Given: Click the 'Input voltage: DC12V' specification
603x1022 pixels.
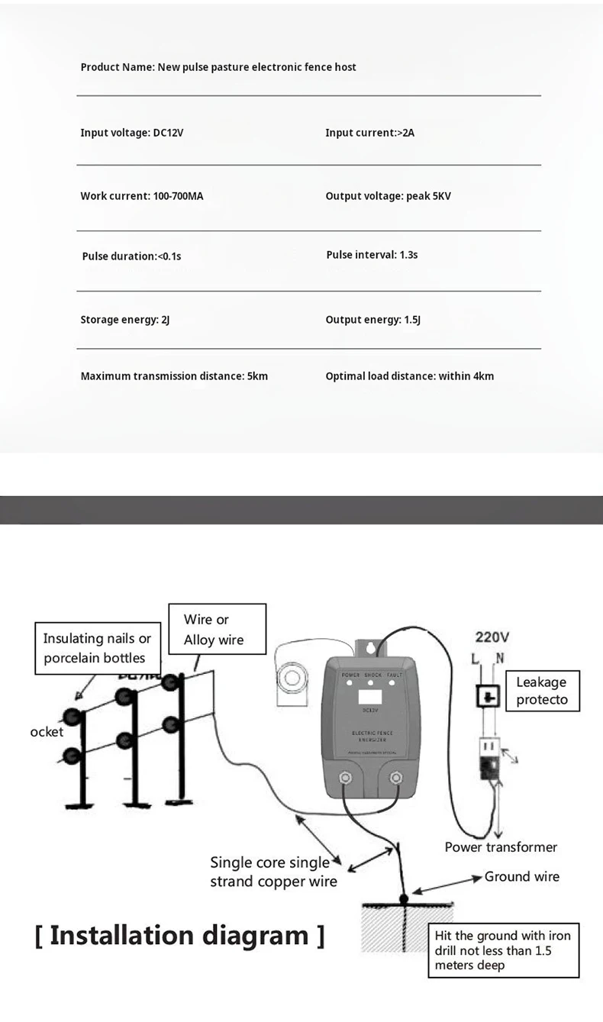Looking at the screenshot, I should point(132,133).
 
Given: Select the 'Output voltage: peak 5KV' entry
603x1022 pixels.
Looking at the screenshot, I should point(388,196).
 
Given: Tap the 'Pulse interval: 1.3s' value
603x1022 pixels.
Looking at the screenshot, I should point(372,255).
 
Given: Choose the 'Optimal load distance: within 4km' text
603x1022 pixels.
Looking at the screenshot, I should point(409,376).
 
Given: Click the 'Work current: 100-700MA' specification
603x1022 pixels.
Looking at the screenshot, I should point(142,196).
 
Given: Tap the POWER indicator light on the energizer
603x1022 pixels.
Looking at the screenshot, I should point(350,683).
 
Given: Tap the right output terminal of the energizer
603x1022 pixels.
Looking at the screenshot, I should point(396,778).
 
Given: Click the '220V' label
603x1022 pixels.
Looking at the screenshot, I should point(492,637).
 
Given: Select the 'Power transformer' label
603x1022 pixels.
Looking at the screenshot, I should point(501,847).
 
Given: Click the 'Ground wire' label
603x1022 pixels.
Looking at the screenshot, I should point(521,877).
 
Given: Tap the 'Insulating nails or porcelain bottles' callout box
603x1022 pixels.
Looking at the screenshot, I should point(97,648).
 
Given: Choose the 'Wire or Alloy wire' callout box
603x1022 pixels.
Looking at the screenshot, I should point(214,630).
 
